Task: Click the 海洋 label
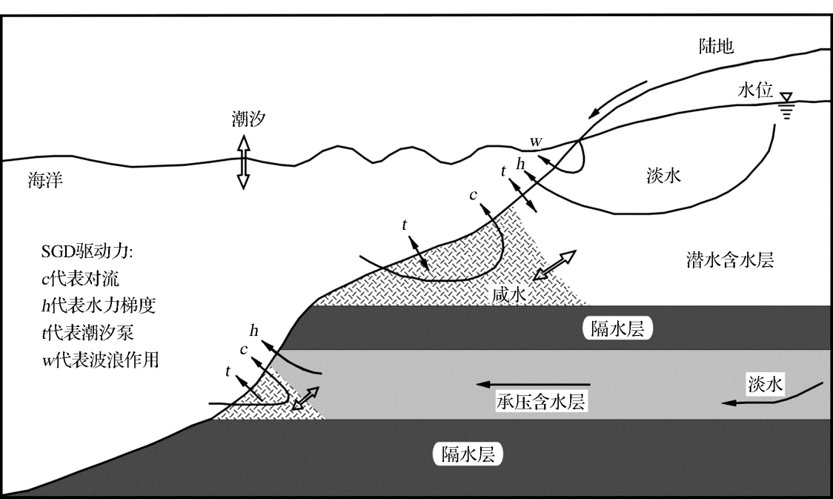[x=43, y=179]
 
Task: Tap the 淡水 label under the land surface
[x=660, y=176]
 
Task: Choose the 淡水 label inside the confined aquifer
[x=765, y=383]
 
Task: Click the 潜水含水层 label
[x=729, y=260]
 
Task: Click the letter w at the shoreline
[x=536, y=140]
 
